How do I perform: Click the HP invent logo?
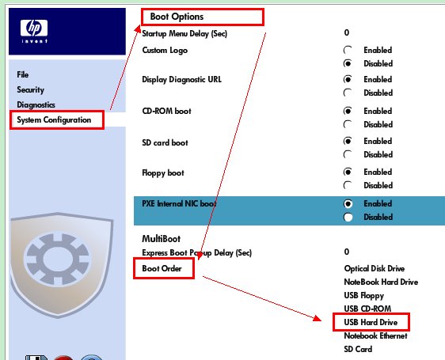[x=34, y=31]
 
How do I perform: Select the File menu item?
[x=23, y=74]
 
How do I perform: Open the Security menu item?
[x=31, y=89]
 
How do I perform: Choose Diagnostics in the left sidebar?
[x=36, y=104]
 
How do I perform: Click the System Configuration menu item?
[x=54, y=119]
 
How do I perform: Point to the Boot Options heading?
[x=177, y=17]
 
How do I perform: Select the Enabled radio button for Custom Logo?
[x=348, y=50]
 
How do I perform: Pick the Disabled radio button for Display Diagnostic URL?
[x=348, y=93]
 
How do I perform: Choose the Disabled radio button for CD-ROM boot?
[x=348, y=124]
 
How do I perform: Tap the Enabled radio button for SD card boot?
[x=348, y=141]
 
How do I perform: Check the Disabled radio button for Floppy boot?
[x=348, y=185]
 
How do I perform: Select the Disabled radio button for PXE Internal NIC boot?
[x=348, y=217]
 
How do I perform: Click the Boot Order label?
[x=162, y=268]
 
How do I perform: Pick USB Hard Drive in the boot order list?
[x=371, y=322]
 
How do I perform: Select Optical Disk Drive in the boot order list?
[x=375, y=269]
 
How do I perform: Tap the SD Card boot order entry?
[x=358, y=349]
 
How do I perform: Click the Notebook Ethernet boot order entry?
[x=375, y=336]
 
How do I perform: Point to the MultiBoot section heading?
[x=162, y=239]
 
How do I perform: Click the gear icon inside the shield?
[x=58, y=259]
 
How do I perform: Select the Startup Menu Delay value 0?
[x=347, y=32]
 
